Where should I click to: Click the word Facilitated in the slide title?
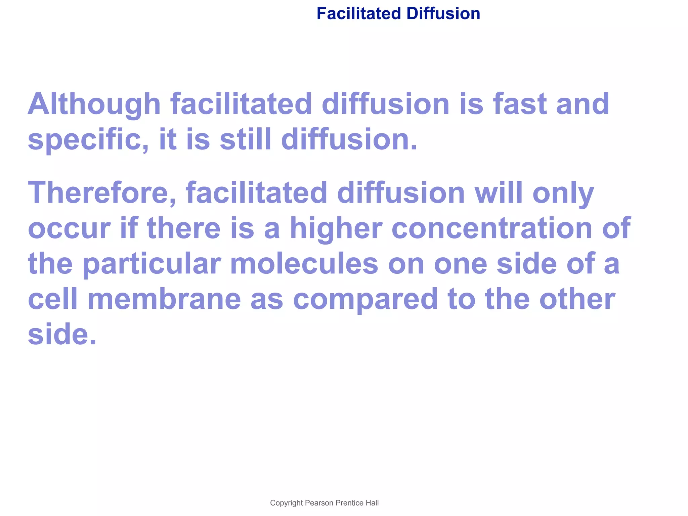(x=358, y=14)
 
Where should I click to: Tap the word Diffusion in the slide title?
(x=443, y=14)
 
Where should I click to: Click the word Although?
(x=94, y=104)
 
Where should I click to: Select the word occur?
(x=69, y=228)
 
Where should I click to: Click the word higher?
(x=336, y=228)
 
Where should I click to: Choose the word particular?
(x=152, y=264)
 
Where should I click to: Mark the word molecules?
(x=304, y=264)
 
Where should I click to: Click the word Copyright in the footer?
(x=286, y=503)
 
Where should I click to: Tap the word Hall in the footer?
(x=372, y=503)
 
